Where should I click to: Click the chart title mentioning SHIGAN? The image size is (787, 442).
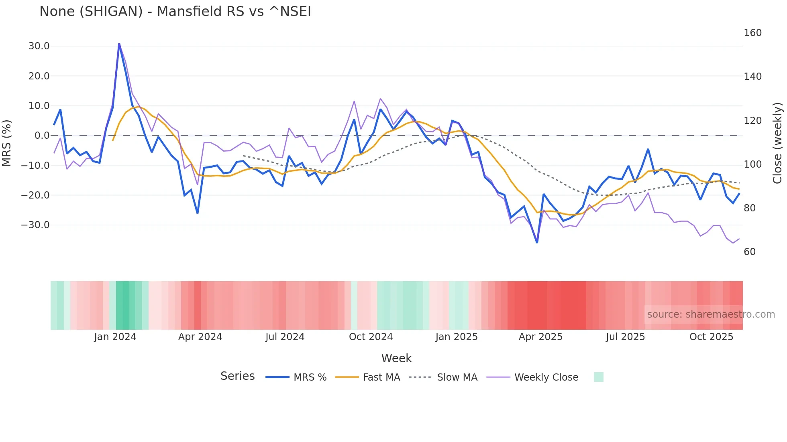pyautogui.click(x=175, y=12)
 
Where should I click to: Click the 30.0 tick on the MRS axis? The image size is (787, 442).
pyautogui.click(x=39, y=46)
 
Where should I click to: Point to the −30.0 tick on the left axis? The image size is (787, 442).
pyautogui.click(x=35, y=225)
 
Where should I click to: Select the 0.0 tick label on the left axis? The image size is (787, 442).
pyautogui.click(x=42, y=136)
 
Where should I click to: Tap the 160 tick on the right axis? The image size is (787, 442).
pyautogui.click(x=752, y=33)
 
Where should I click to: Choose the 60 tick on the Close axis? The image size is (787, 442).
pyautogui.click(x=750, y=252)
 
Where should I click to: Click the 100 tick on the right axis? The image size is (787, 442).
pyautogui.click(x=752, y=164)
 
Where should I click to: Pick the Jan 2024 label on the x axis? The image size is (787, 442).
pyautogui.click(x=115, y=337)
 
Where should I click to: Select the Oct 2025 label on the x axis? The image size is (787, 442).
pyautogui.click(x=711, y=337)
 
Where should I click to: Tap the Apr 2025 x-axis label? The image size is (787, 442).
pyautogui.click(x=540, y=337)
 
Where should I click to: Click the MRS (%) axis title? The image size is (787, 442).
pyautogui.click(x=7, y=143)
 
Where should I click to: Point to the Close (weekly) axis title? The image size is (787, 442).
pyautogui.click(x=777, y=143)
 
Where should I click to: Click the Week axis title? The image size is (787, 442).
pyautogui.click(x=396, y=358)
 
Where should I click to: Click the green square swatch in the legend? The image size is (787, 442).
pyautogui.click(x=598, y=377)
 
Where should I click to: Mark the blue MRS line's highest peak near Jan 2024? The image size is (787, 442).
pyautogui.click(x=119, y=44)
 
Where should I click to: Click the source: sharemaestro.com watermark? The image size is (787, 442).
pyautogui.click(x=711, y=314)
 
